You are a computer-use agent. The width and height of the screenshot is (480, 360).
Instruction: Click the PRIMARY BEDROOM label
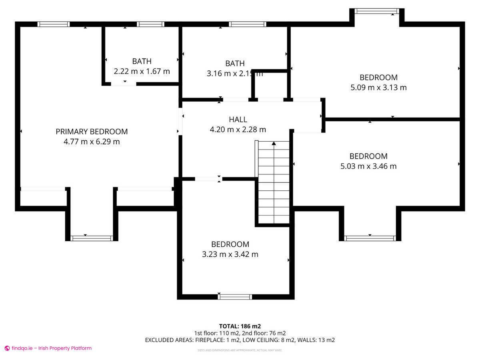tap(92, 132)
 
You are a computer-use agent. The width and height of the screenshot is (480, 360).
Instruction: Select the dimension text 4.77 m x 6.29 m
tap(92, 142)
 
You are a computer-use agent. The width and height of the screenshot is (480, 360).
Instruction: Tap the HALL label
tap(238, 120)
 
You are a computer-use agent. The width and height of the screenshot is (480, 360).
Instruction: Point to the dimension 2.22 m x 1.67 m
tap(142, 72)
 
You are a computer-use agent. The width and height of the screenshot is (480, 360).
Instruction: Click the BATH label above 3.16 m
tap(235, 64)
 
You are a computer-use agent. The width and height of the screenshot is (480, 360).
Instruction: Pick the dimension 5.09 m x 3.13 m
tap(378, 88)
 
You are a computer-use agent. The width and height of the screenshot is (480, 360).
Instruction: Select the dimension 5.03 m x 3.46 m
tap(368, 166)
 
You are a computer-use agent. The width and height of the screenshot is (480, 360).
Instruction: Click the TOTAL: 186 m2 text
tap(240, 326)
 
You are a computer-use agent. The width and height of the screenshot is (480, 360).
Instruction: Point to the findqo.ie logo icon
tap(7, 348)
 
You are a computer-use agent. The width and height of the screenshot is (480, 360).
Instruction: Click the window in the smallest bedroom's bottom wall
tap(235, 296)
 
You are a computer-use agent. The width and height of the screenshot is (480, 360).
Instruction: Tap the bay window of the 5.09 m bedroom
tap(377, 11)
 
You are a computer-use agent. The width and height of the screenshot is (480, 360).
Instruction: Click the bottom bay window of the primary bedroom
tap(92, 238)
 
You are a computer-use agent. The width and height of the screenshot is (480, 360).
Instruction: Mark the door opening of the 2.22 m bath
tap(124, 84)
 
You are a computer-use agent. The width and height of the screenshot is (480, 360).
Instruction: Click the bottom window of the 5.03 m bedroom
tap(370, 238)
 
